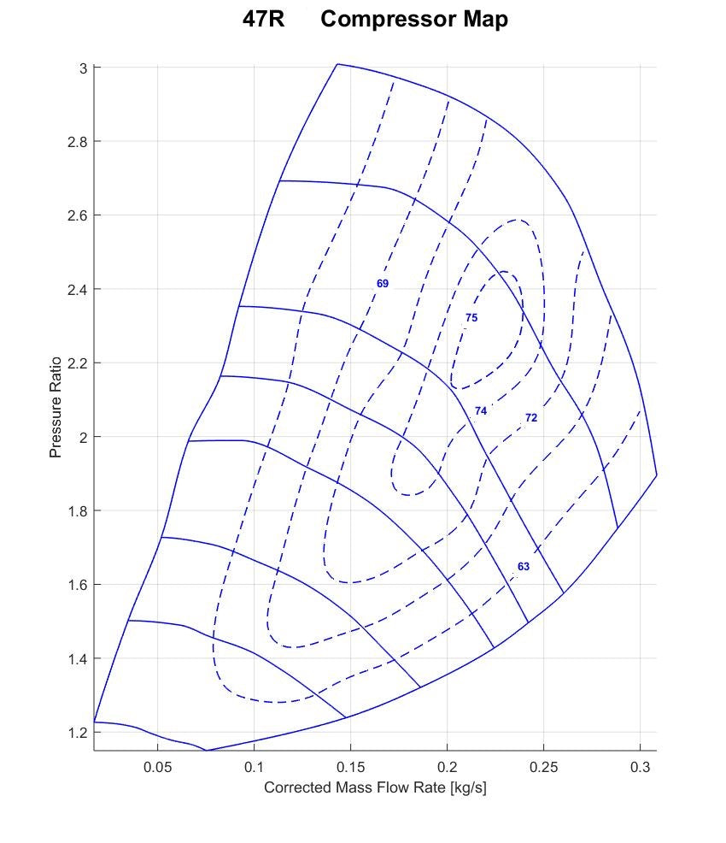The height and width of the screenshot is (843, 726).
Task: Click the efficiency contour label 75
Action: coord(471,318)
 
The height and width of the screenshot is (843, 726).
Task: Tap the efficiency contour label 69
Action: coord(383,283)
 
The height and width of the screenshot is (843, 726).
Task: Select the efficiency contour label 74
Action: coord(481,411)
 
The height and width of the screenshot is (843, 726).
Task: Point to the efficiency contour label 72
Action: coord(531,418)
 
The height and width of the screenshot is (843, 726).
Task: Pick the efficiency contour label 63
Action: coord(524,567)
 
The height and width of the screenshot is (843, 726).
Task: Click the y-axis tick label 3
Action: coord(84,68)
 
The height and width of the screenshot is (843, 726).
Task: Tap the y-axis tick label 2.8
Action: coord(78,141)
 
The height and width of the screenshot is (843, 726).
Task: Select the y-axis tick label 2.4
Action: coord(78,289)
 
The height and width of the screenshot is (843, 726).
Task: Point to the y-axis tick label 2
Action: coord(84,437)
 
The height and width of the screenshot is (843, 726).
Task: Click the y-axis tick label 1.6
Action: coord(78,585)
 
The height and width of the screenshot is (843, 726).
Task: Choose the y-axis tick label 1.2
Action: coord(78,733)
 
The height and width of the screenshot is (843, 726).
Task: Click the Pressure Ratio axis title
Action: coord(56,407)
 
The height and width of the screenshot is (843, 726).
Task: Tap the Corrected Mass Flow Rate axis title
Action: coord(375,787)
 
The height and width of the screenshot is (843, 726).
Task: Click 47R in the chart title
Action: coord(264,20)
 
